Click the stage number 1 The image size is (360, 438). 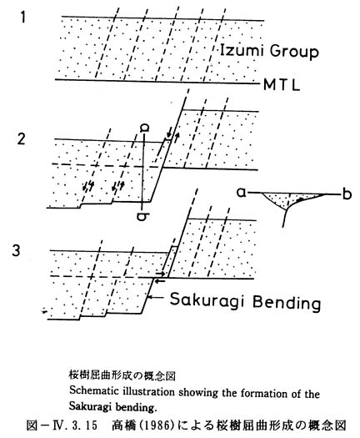[x=23, y=18]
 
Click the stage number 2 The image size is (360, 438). [x=21, y=138]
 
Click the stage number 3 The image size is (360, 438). [x=16, y=250]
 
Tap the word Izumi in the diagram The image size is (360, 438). [x=241, y=51]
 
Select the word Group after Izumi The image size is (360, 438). [x=294, y=53]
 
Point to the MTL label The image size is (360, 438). [x=282, y=84]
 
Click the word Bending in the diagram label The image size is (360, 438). [x=286, y=302]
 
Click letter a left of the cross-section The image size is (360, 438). [x=242, y=193]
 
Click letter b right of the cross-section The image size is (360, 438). [x=347, y=194]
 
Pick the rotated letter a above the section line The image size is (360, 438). [x=144, y=128]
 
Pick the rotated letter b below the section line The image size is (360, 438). [x=142, y=216]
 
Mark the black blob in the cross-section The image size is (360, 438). [x=300, y=199]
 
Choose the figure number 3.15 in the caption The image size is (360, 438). [x=84, y=425]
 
